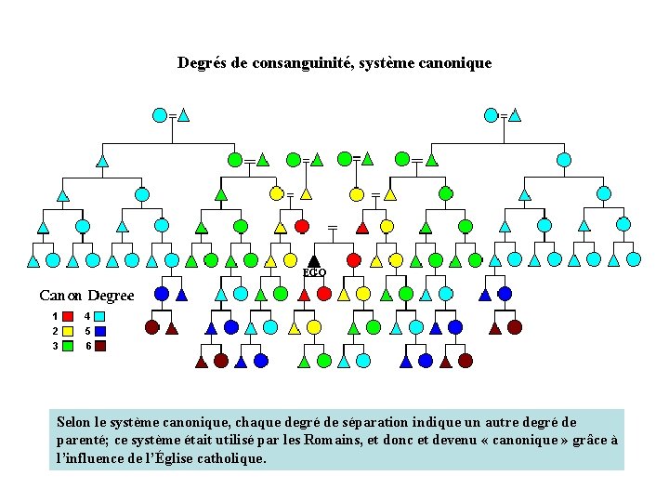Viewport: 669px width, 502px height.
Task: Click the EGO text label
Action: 315,272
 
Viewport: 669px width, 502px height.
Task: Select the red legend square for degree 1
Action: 68,316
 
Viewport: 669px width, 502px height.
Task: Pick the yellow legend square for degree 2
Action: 68,331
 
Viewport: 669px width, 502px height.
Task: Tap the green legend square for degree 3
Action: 68,346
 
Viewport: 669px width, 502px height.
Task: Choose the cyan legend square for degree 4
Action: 99,316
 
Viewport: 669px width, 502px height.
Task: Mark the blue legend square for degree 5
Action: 99,331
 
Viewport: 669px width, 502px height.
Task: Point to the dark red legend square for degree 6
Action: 99,346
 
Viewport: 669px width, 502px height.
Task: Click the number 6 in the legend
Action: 87,346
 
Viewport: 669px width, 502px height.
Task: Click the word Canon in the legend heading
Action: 61,296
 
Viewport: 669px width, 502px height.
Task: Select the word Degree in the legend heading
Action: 111,296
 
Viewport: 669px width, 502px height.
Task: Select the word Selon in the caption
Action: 74,422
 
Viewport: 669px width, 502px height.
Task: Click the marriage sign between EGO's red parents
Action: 332,227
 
